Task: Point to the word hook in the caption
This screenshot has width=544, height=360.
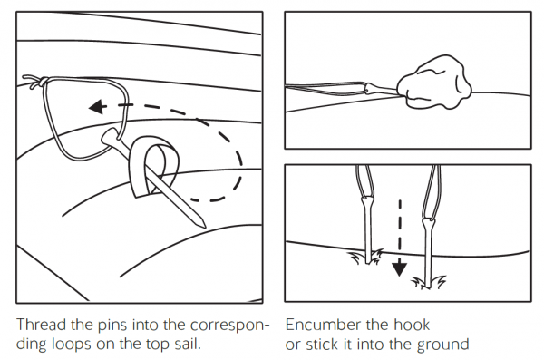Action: pos(408,325)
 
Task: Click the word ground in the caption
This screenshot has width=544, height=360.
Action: pos(444,345)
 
